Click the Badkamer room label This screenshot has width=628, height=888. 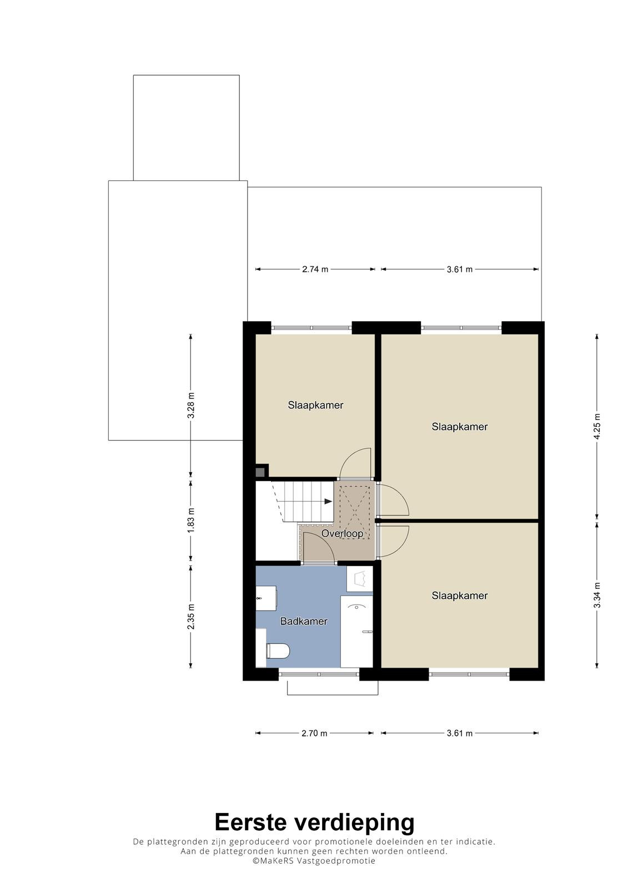[304, 621]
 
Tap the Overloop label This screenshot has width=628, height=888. [342, 533]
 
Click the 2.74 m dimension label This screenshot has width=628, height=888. [315, 269]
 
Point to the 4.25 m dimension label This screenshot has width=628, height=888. [597, 426]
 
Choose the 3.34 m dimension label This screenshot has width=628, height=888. [597, 595]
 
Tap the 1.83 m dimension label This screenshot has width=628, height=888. [191, 520]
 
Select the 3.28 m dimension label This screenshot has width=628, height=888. [191, 405]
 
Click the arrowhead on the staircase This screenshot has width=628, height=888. [328, 502]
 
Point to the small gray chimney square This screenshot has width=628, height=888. [260, 472]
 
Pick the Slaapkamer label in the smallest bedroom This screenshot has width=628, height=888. [315, 405]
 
